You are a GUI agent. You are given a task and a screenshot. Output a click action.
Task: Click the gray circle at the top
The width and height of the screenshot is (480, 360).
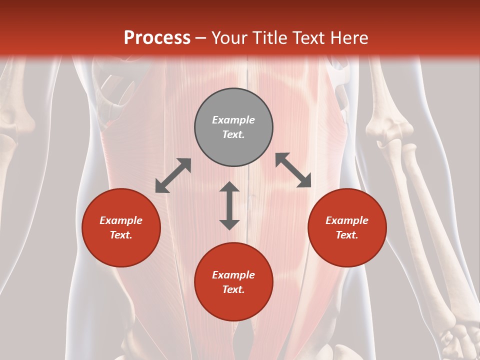(233, 127)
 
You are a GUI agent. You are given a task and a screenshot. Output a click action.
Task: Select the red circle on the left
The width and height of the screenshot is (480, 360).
(121, 227)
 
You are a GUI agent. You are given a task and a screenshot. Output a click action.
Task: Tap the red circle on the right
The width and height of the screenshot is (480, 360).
(347, 227)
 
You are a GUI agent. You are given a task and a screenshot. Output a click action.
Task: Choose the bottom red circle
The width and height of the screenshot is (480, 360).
(233, 282)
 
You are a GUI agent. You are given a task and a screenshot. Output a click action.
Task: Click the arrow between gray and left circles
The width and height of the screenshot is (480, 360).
(173, 175)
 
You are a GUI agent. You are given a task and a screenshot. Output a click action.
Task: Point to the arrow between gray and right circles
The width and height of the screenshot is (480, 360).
(293, 170)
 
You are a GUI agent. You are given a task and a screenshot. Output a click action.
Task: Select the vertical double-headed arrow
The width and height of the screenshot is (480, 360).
(229, 205)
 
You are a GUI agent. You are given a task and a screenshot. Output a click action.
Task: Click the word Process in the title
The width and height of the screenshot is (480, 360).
(157, 37)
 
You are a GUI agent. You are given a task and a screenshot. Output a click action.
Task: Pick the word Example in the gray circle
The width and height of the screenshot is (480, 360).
(233, 120)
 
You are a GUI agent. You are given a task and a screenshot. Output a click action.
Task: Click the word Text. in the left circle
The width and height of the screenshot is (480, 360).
(121, 235)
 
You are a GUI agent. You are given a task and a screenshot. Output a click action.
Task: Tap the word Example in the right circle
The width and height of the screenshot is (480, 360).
(347, 220)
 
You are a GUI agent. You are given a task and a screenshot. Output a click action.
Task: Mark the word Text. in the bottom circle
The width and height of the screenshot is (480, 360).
(233, 289)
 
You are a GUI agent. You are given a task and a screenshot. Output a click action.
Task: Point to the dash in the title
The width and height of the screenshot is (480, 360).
(201, 38)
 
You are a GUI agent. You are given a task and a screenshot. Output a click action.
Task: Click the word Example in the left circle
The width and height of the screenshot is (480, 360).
(121, 220)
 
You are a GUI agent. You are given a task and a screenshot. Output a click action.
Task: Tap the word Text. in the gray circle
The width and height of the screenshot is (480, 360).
(233, 134)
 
